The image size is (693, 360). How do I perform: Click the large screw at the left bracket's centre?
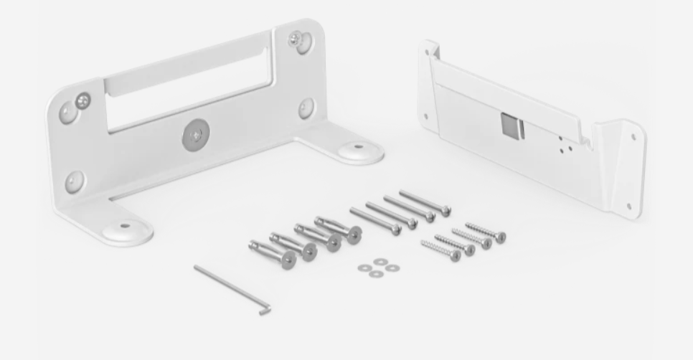[x=193, y=134]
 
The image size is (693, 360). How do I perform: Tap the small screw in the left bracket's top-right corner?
[x=296, y=39]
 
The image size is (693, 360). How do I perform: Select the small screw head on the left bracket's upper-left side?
[x=83, y=100]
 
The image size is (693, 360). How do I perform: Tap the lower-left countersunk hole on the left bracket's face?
[x=74, y=181]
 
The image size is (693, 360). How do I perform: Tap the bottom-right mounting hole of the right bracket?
[x=629, y=207]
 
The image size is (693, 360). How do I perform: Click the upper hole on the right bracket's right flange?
[x=633, y=136]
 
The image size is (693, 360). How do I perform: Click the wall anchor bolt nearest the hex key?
[x=273, y=254]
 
